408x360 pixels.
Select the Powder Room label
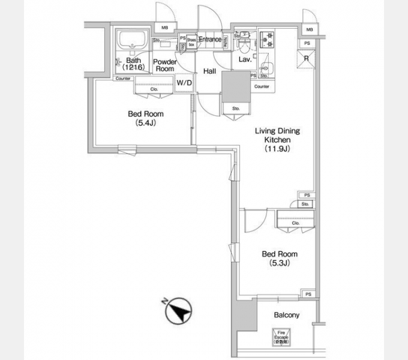164,65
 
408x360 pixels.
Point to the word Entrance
210,40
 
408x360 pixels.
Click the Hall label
209,71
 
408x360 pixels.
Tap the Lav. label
244,60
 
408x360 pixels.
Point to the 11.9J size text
277,150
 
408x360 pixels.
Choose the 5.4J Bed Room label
145,118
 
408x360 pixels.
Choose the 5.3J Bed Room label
279,259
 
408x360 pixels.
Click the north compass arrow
178,311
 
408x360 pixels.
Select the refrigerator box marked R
306,58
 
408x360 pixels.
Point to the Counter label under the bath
124,79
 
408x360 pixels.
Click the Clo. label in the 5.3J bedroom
295,223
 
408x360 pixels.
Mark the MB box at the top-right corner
309,29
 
